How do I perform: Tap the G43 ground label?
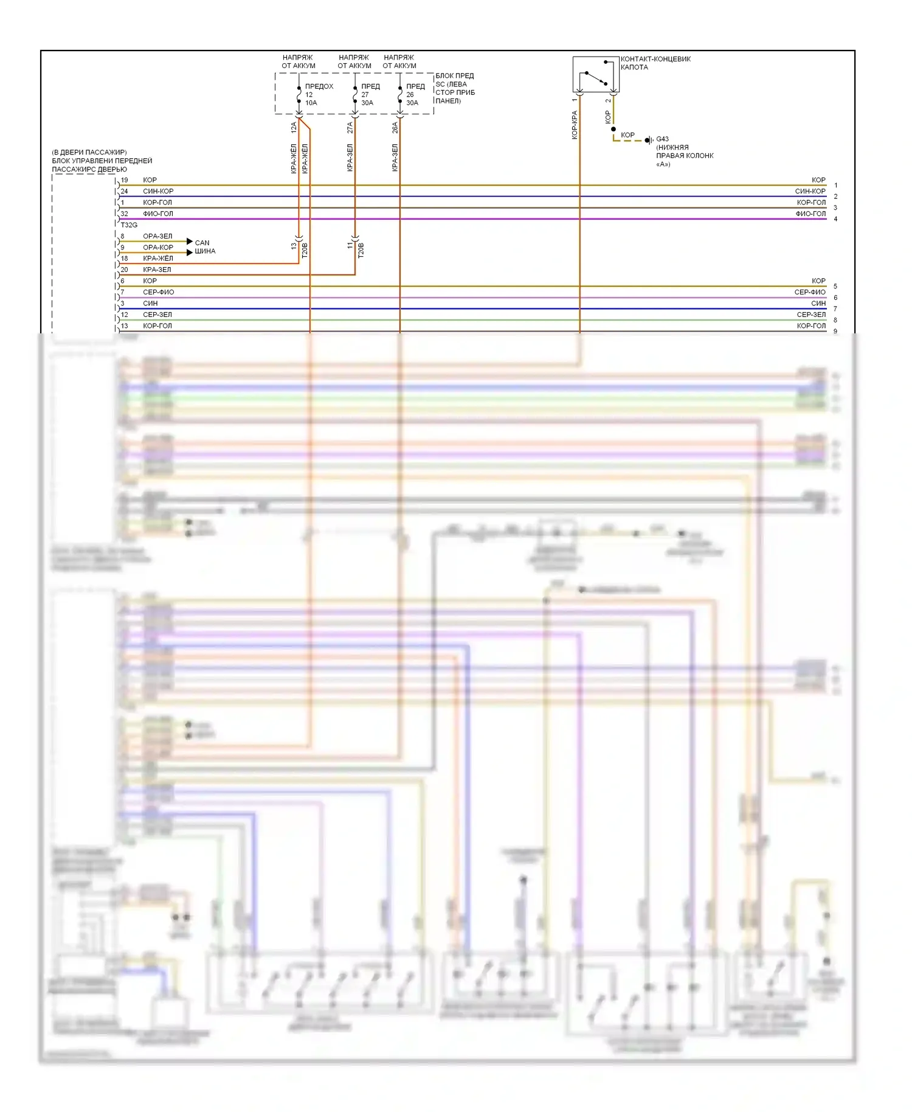coord(662,139)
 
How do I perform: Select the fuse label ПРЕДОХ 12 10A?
coord(319,94)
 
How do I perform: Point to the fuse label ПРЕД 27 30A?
coord(370,94)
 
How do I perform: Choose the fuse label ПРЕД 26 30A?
coord(415,94)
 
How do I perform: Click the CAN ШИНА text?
coord(204,247)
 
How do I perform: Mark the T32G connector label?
coord(129,225)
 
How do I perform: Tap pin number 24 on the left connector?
coord(124,191)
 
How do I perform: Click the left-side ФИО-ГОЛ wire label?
coord(158,214)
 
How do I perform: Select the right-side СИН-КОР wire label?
coord(810,191)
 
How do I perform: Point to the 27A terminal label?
coord(350,128)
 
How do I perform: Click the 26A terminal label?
coord(395,128)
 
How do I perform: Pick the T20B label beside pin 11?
coord(361,250)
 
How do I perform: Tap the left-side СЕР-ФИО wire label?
coord(158,292)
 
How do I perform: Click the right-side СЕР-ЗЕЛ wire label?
coord(811,314)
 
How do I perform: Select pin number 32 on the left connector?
coord(124,214)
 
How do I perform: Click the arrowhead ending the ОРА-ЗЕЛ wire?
coord(190,242)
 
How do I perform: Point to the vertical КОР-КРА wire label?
coord(575,125)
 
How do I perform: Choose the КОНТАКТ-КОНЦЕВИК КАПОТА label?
coord(655,63)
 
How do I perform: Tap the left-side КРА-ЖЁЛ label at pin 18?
coord(158,259)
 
